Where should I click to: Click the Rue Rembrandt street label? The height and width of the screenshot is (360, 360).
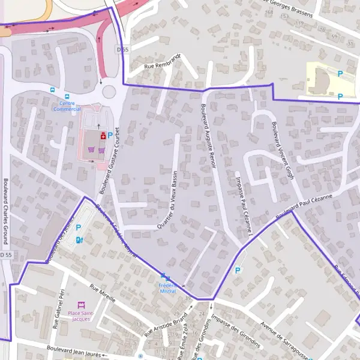pyautogui.click(x=162, y=62)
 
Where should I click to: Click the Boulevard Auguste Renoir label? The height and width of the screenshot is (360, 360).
pyautogui.click(x=208, y=136)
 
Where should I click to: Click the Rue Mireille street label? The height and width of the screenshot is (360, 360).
pyautogui.click(x=102, y=292)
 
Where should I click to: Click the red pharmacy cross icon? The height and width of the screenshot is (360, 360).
pyautogui.click(x=103, y=136)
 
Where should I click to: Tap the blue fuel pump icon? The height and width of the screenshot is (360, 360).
pyautogui.click(x=79, y=240)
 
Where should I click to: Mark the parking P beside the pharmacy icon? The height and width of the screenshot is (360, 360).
pyautogui.click(x=110, y=136)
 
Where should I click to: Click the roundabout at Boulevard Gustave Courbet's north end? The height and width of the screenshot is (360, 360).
pyautogui.click(x=109, y=92)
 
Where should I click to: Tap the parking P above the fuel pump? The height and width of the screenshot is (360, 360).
pyautogui.click(x=78, y=227)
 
